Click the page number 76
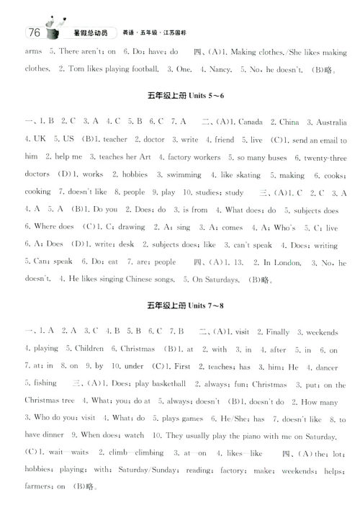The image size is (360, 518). (x=32, y=32)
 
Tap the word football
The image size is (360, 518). (x=138, y=70)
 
